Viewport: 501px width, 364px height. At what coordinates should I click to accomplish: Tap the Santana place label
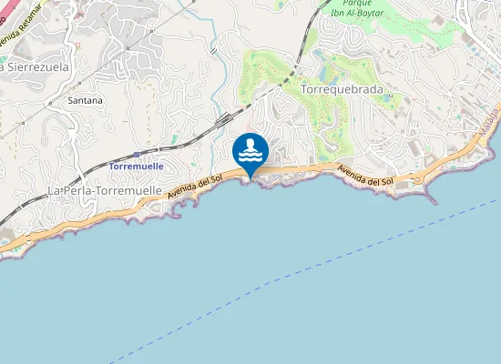tap(85, 100)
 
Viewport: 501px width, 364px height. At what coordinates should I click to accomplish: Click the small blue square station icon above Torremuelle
tap(137, 155)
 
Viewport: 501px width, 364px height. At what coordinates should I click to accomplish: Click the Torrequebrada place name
tap(341, 90)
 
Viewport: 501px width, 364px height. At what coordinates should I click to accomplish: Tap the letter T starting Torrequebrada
tap(303, 90)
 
